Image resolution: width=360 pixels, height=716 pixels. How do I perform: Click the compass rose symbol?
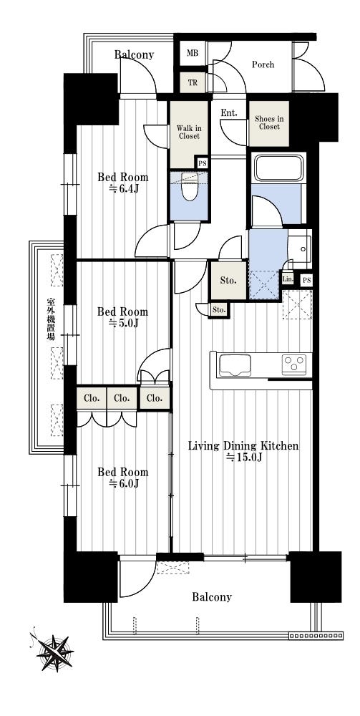coord(54,651)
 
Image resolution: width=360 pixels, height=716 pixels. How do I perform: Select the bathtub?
coord(278,168)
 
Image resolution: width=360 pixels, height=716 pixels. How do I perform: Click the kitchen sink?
coord(235,365)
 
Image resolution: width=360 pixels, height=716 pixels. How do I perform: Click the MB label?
coord(193,52)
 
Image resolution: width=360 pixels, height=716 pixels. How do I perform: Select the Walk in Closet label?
coord(188,132)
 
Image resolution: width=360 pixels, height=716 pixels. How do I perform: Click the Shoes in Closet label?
coord(269,123)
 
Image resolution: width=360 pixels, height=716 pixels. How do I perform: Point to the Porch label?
coord(263,64)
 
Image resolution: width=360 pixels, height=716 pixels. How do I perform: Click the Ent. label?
coord(228,113)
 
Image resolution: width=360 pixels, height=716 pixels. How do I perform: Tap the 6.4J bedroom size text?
coord(123,188)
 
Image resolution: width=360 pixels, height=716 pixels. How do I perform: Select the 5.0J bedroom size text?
coord(123,324)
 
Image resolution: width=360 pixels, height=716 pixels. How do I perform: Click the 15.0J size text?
coord(243,458)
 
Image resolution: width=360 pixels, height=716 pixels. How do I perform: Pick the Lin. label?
coord(288,279)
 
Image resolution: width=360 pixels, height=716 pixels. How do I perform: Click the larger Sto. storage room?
coord(228,281)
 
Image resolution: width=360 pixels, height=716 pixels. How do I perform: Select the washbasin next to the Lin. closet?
coord(300,249)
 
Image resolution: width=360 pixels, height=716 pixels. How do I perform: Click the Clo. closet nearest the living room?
coord(154,398)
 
